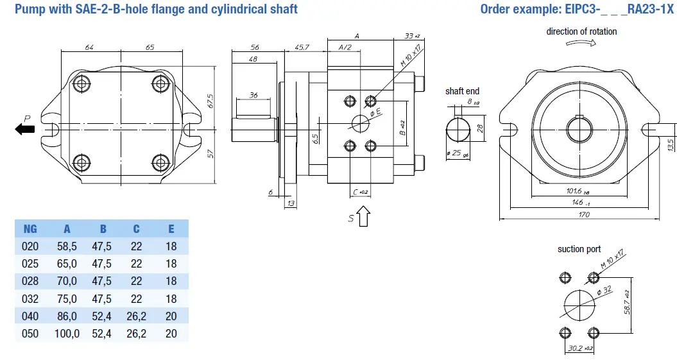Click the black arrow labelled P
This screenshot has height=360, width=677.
pos(26,130)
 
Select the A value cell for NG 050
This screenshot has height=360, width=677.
pos(67,334)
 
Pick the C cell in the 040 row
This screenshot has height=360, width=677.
pos(136,316)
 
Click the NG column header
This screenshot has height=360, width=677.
pos(30,229)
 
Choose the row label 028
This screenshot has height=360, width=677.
pos(30,281)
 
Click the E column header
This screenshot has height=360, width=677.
pos(171,229)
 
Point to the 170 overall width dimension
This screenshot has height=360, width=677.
pos(583,215)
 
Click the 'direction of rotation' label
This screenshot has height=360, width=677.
pos(581,31)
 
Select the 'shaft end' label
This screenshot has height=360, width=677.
pos(462,91)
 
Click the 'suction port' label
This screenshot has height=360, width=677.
pos(579,249)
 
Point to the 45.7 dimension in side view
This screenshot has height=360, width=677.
pos(302,47)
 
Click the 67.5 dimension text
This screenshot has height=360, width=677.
pos(210,101)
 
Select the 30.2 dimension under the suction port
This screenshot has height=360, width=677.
pos(578,348)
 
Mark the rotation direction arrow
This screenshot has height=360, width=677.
pos(581,44)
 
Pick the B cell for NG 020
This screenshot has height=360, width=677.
pos(101,246)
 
